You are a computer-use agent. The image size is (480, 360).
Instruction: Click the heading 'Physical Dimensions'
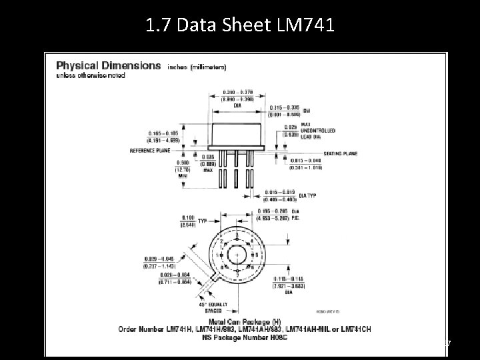point(108,66)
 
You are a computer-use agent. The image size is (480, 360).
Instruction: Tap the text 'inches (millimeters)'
point(197,67)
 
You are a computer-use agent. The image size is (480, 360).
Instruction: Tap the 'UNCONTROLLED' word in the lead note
point(319,130)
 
